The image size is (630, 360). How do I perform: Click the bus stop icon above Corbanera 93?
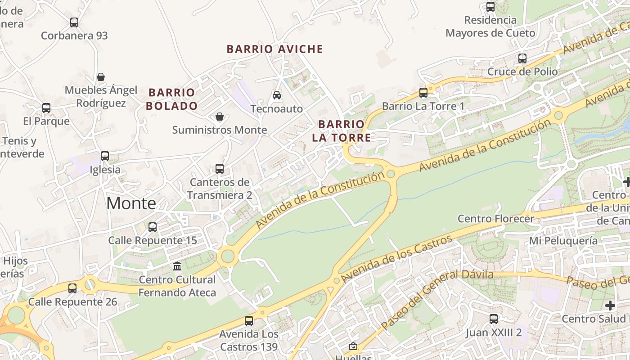(74, 22)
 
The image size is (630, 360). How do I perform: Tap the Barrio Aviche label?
(274, 49)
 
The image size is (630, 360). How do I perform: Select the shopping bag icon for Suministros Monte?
(220, 117)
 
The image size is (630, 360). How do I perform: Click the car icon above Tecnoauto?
(277, 95)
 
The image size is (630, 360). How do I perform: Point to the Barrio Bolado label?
(173, 99)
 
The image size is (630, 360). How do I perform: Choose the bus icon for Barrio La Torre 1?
(423, 93)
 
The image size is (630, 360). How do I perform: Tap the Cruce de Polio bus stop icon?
(522, 58)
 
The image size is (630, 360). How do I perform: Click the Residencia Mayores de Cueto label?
(490, 27)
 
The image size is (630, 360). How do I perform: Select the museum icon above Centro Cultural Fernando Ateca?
(177, 266)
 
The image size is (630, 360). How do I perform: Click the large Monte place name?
(131, 203)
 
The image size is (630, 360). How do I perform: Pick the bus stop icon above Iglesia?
(105, 156)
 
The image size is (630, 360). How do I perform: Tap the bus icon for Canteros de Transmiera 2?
(220, 169)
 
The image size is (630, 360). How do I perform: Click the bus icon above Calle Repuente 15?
(153, 227)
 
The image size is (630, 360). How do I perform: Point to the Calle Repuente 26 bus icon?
(72, 288)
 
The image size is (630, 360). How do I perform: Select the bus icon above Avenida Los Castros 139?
(249, 321)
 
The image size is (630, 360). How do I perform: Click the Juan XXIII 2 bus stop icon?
(494, 319)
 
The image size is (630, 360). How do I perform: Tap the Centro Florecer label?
(496, 219)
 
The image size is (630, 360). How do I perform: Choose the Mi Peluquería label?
(563, 240)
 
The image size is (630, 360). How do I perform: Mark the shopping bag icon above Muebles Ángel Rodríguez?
(101, 77)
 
